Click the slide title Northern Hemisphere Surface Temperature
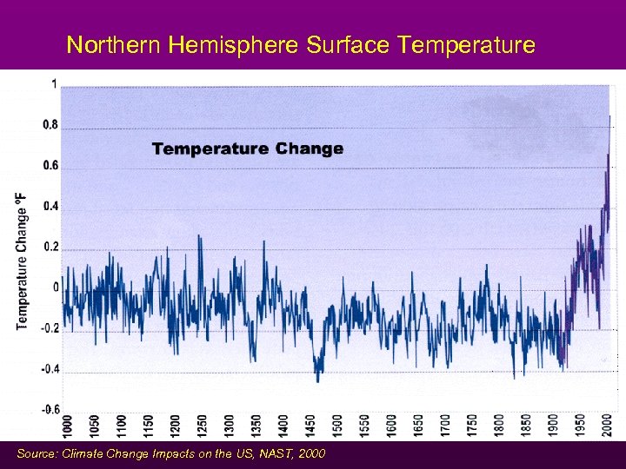301,44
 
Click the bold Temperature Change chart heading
248,149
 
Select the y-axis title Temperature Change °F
21,261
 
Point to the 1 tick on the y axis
54,84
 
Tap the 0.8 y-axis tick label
50,125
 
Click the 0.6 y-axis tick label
50,166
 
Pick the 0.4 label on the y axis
50,207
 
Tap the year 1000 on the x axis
68,427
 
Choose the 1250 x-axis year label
203,427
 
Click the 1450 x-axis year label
310,427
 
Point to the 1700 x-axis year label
445,427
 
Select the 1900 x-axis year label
553,427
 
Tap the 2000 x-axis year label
607,427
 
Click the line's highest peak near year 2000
609,116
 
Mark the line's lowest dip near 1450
317,380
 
